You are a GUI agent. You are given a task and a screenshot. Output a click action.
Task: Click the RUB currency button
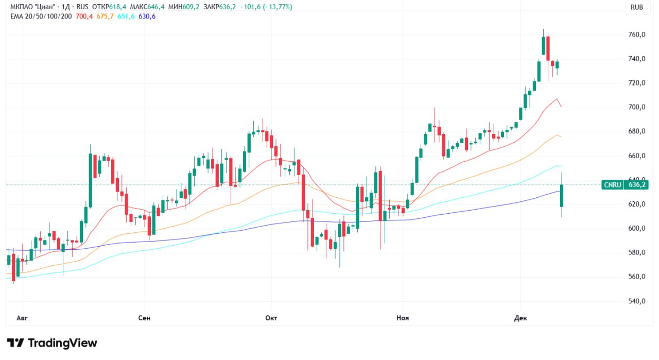[x=637, y=7]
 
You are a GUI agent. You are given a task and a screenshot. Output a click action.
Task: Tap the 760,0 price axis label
[x=637, y=35]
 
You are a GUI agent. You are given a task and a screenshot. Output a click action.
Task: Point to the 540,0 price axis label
[x=637, y=301]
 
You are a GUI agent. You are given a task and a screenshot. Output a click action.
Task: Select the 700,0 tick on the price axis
[x=637, y=107]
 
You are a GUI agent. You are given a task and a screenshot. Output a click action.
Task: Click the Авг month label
[x=22, y=318]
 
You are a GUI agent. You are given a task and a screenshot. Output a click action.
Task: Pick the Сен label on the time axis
[x=145, y=318]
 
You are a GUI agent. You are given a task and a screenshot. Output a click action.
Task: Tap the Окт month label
[x=271, y=318]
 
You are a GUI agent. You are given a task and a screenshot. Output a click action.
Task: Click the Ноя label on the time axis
[x=403, y=318]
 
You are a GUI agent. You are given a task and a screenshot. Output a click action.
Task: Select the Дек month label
[x=520, y=318]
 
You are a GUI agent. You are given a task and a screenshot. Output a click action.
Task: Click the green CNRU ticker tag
[x=613, y=184]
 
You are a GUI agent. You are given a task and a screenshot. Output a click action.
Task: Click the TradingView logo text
[x=62, y=343]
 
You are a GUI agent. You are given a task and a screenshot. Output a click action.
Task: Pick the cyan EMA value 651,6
[x=126, y=16]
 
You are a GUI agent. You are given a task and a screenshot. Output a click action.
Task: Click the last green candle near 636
[x=562, y=196]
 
